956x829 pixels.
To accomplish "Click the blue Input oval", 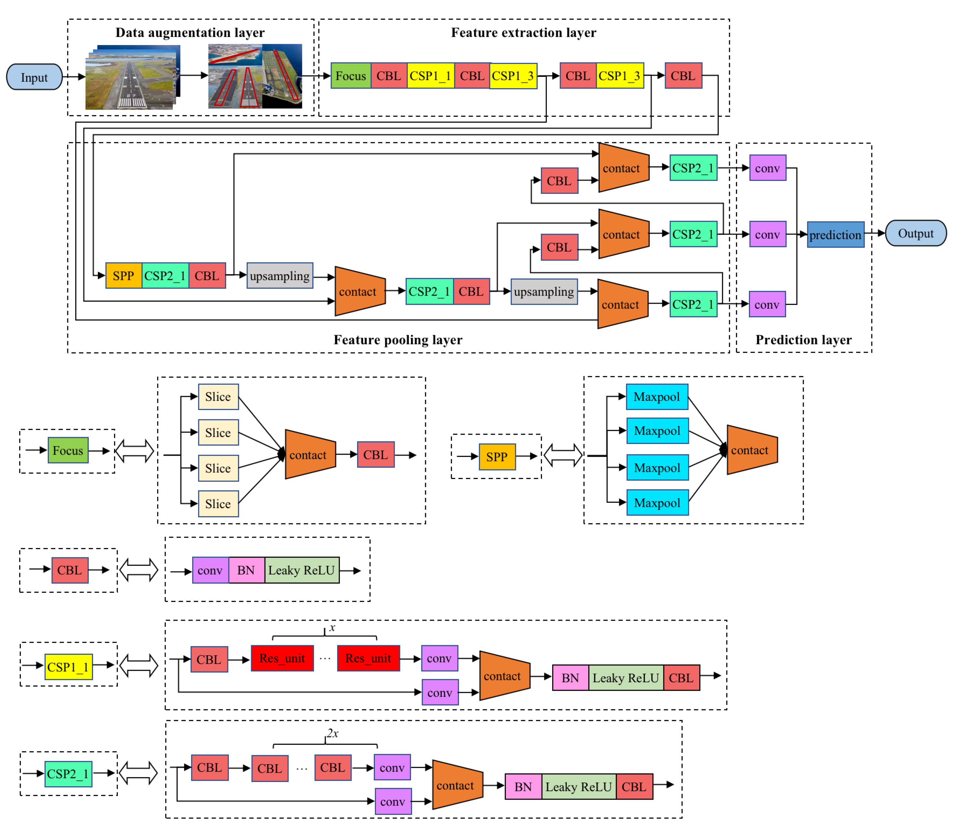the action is [34, 77].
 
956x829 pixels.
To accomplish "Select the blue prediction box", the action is [835, 235].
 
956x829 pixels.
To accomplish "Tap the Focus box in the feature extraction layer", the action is [351, 76].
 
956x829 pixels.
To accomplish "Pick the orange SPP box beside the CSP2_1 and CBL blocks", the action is [123, 276].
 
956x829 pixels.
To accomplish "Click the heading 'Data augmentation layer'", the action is [190, 32].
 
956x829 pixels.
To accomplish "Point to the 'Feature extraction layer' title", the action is [524, 32].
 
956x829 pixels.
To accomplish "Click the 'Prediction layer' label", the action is [803, 340].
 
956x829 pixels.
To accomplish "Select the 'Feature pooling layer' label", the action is [398, 340].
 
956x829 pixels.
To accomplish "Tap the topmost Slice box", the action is [218, 396].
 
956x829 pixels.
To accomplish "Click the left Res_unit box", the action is [282, 658].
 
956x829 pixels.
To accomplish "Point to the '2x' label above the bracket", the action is [332, 733].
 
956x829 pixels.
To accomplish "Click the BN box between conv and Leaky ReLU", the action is [246, 570].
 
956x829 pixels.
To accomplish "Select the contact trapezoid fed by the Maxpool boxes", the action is [752, 450].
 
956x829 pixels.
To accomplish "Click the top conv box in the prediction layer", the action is [767, 168].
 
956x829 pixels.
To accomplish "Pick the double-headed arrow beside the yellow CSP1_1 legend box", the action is [139, 666].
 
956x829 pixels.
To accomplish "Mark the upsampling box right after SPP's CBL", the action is [280, 276].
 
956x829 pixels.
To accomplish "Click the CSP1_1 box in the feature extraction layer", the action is [430, 76].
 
